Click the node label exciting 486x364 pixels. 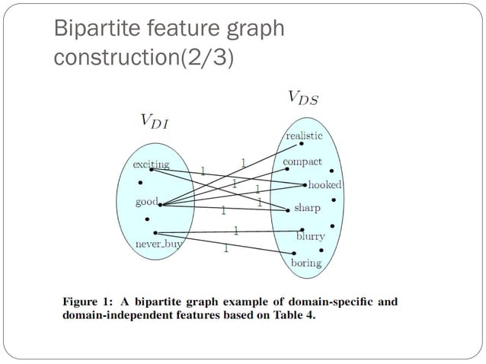coord(151,164)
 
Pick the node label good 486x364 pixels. coord(146,202)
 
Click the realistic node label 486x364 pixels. coord(304,135)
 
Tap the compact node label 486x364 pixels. coord(302,162)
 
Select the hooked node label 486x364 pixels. coord(325,185)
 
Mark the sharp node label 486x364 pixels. coord(307,207)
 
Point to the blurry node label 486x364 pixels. coord(310,237)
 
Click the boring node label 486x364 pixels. coord(306,263)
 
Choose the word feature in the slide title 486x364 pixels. coord(177,29)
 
